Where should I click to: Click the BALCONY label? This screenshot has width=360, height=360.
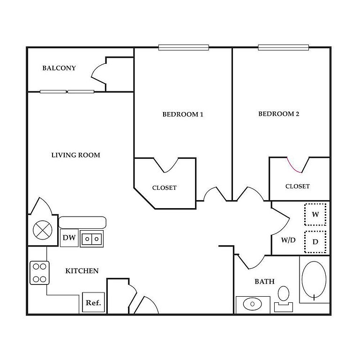coord(59,68)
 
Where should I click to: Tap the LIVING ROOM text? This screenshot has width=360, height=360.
coord(75,155)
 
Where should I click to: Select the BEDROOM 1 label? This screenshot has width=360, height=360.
coord(183,114)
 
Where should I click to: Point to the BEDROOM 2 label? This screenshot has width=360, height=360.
coord(279,114)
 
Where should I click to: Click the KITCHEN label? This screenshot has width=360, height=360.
coord(82,271)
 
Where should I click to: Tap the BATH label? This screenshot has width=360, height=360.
coord(264,282)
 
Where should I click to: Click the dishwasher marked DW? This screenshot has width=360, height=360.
coord(69,238)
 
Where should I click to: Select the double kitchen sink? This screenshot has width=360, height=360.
coord(92,239)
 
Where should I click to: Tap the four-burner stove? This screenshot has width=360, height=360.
coord(40,273)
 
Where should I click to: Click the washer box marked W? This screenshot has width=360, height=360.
coord(315,215)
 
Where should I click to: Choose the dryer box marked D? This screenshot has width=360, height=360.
coord(315,242)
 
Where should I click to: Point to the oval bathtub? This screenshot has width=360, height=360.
coord(314,279)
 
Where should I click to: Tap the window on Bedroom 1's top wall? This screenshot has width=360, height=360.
coord(183,47)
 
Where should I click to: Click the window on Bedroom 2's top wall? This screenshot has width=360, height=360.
coord(284,47)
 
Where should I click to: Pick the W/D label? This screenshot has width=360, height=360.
coord(288,240)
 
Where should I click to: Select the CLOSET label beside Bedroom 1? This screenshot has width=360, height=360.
coord(165,187)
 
